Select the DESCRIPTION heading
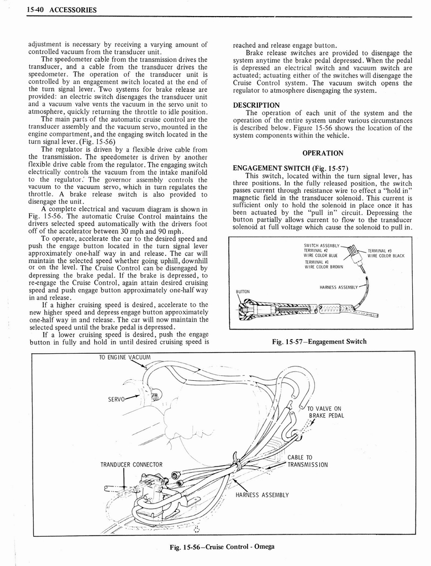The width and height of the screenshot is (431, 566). tap(256, 105)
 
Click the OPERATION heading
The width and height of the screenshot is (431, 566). tap(323, 153)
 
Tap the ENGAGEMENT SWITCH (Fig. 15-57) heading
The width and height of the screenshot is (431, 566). tap(290, 169)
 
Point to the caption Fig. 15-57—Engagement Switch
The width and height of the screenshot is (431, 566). tap(319, 341)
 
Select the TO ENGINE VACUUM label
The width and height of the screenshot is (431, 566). tap(124, 358)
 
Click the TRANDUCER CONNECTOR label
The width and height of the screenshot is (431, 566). tap(132, 464)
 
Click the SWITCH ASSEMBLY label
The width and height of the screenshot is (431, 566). tap(322, 245)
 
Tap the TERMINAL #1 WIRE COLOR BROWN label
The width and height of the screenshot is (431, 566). tap(323, 264)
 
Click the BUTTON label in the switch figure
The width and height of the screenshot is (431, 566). tap(243, 291)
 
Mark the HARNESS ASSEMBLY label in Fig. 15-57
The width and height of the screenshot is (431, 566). tap(338, 287)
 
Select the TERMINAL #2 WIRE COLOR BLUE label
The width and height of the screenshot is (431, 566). tap(320, 253)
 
